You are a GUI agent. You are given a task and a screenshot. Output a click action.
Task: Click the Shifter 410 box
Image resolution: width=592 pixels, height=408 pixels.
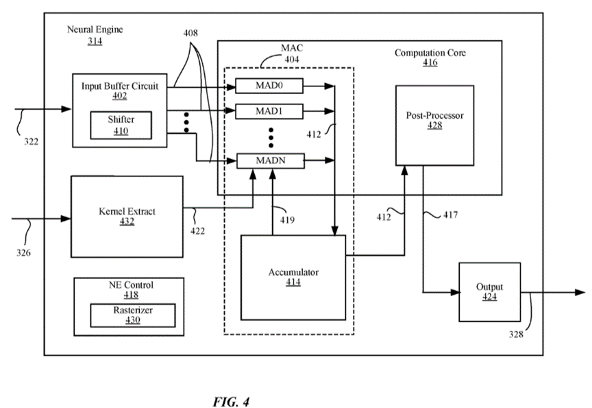[x=121, y=123]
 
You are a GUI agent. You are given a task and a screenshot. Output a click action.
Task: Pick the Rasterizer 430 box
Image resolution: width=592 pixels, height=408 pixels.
[x=133, y=315]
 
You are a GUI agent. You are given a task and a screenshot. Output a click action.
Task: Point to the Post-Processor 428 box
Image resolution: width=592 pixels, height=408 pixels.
[x=434, y=125]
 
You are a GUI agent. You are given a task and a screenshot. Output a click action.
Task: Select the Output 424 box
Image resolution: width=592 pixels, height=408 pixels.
[x=489, y=291]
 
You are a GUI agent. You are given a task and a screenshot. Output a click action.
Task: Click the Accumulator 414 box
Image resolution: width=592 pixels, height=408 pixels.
[x=293, y=277]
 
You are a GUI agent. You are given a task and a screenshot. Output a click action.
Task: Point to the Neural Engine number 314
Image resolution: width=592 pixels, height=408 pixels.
[x=95, y=41]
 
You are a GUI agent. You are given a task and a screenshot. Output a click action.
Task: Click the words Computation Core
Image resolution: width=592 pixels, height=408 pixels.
[x=430, y=53]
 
